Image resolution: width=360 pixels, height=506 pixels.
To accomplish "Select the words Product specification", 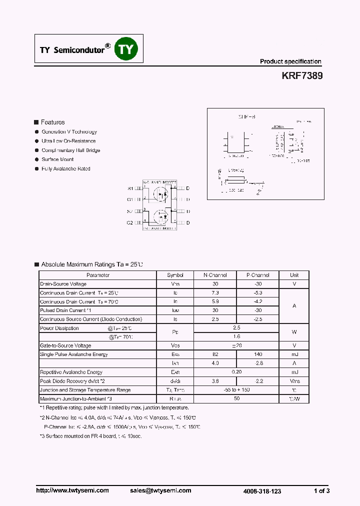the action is click(290, 61).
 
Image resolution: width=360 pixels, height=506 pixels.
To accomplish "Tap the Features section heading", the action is click(52, 122).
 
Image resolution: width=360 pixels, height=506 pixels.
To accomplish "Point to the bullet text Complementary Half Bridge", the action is click(70, 150).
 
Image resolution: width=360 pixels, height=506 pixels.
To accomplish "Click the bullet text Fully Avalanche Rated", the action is click(66, 169).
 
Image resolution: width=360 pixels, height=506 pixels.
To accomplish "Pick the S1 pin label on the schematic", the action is click(130, 189).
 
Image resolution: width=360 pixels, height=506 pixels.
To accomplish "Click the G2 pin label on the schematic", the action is click(130, 222).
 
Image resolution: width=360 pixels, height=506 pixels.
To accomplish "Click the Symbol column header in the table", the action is click(175, 275).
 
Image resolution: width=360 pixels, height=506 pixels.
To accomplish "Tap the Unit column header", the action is click(294, 275).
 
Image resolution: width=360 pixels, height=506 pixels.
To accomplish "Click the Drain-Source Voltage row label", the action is click(63, 284).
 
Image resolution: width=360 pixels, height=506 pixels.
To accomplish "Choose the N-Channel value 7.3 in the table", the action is click(215, 292).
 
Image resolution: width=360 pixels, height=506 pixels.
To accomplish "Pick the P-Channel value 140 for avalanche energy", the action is click(258, 354).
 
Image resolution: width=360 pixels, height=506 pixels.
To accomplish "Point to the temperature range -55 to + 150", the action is click(236, 390).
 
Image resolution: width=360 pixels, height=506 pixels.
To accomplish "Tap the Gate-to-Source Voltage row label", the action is click(65, 345).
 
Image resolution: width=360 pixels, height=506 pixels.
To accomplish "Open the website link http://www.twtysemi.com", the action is click(72, 490).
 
